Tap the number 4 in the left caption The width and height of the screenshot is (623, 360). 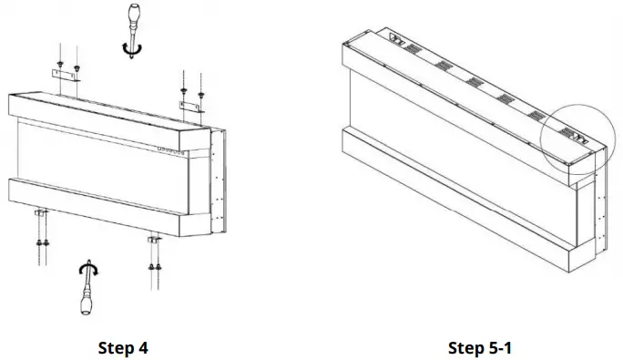click(x=143, y=347)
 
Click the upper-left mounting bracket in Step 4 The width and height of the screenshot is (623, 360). click(x=65, y=72)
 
